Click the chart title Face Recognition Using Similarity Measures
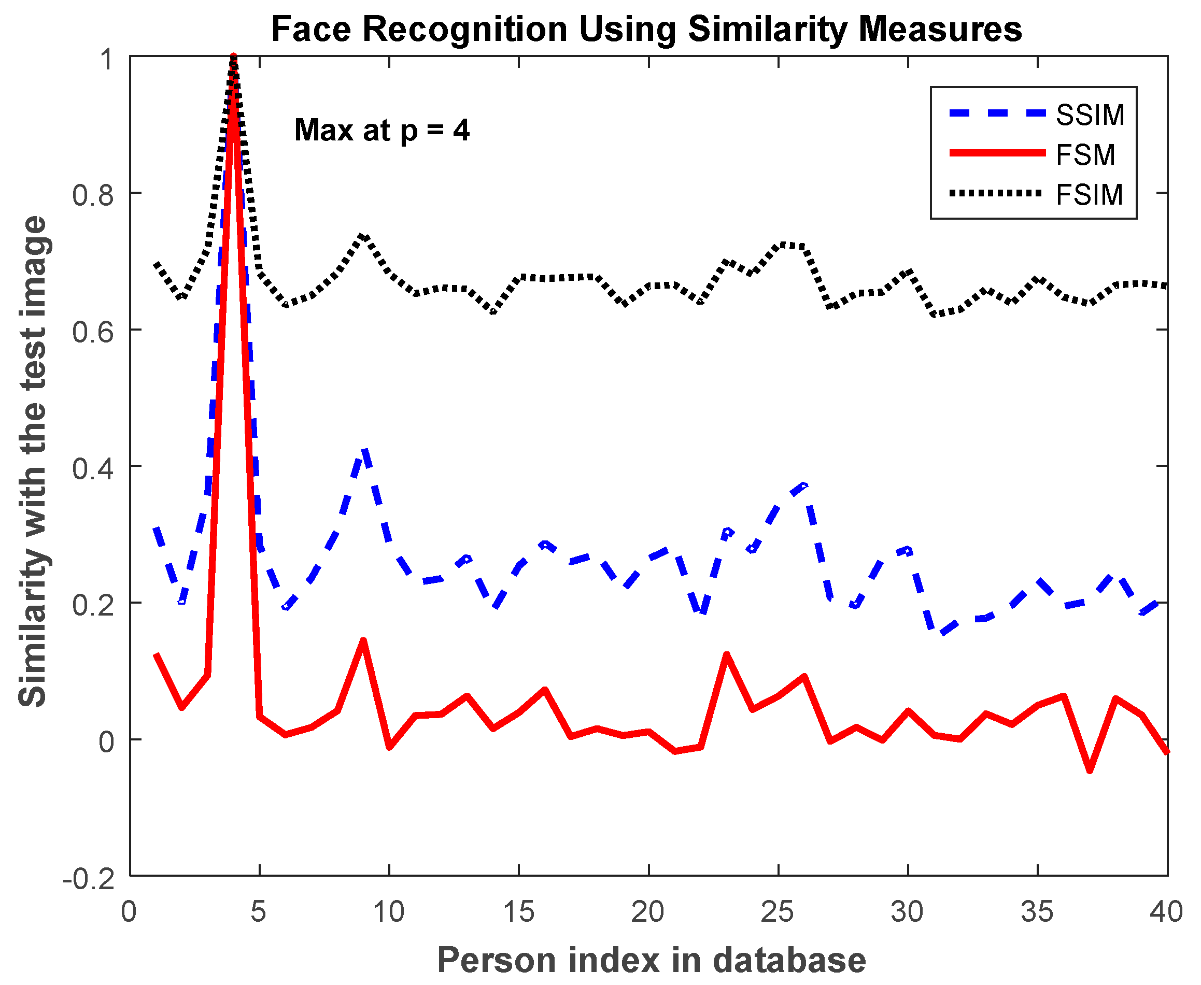(647, 30)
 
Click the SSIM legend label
(1090, 115)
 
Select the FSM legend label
(1085, 155)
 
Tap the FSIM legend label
(1089, 195)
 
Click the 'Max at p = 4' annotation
(382, 131)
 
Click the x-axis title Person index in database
(652, 961)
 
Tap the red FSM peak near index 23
(727, 655)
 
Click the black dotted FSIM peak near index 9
(363, 235)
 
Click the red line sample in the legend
(997, 153)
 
